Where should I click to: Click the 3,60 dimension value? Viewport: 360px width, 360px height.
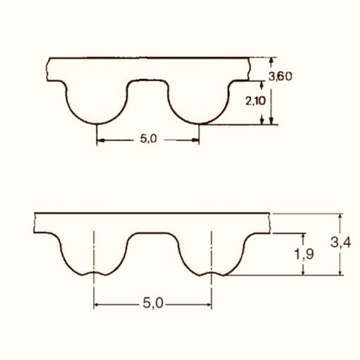pyautogui.click(x=280, y=76)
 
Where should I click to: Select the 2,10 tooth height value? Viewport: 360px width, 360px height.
pyautogui.click(x=256, y=101)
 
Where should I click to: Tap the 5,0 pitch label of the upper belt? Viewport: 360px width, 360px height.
pyautogui.click(x=148, y=138)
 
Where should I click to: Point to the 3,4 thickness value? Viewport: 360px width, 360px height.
pyautogui.click(x=341, y=242)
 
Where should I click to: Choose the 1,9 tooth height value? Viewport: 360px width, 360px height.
pyautogui.click(x=304, y=254)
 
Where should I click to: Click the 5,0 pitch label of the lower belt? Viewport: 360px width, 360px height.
pyautogui.click(x=153, y=303)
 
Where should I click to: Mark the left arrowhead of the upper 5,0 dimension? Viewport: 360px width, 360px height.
pyautogui.click(x=100, y=140)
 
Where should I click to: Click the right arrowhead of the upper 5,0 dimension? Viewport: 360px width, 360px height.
pyautogui.click(x=196, y=140)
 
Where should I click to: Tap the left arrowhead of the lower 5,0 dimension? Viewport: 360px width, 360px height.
pyautogui.click(x=96, y=305)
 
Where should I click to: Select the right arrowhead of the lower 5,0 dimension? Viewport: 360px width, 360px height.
pyautogui.click(x=209, y=305)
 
